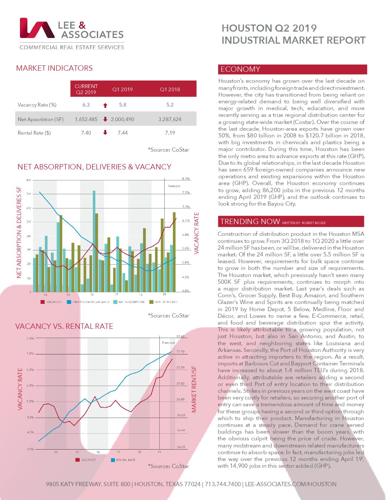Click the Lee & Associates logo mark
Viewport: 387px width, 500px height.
(37, 28)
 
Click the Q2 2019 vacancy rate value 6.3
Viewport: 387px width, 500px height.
(86, 105)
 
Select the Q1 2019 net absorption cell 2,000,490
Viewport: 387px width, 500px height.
(123, 119)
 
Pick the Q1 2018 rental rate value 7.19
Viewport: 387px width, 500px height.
(170, 133)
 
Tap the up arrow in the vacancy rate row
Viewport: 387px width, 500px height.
(105, 105)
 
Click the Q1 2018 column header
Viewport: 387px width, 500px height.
(170, 89)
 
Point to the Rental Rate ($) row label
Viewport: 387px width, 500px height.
(34, 133)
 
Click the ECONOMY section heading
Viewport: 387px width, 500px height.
(240, 69)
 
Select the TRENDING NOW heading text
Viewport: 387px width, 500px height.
(250, 222)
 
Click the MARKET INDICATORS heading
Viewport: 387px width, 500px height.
(54, 68)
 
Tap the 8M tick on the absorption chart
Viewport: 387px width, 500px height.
(29, 180)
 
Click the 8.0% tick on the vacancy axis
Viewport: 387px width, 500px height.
(186, 179)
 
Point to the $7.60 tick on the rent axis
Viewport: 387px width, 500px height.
(181, 336)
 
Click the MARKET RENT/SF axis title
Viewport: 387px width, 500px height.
(194, 389)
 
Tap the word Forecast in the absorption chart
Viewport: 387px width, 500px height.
(174, 186)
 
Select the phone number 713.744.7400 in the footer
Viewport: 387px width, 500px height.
(223, 484)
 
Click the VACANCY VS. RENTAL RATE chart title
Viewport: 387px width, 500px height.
(64, 326)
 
